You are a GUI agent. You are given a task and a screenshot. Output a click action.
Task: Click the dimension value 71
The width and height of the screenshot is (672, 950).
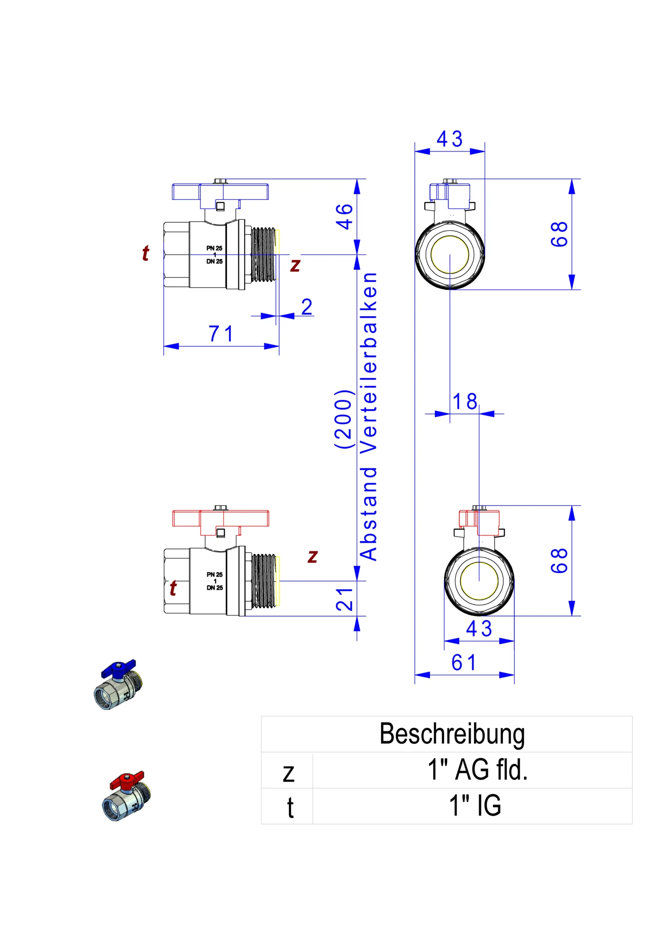pos(221,334)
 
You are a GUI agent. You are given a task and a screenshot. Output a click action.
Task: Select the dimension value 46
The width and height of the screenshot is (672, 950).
pos(344,216)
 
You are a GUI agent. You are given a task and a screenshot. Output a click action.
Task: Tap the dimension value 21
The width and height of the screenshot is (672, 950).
pos(344,600)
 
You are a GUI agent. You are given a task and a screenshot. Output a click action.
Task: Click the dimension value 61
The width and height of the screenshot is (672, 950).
pos(464,662)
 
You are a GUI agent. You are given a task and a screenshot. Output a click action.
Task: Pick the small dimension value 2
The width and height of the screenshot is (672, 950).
pos(307,307)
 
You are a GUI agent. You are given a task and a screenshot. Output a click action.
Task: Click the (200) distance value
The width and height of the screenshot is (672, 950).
pos(344,419)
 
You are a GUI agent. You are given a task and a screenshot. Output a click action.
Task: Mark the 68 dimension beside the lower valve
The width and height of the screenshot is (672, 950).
pos(560,561)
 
